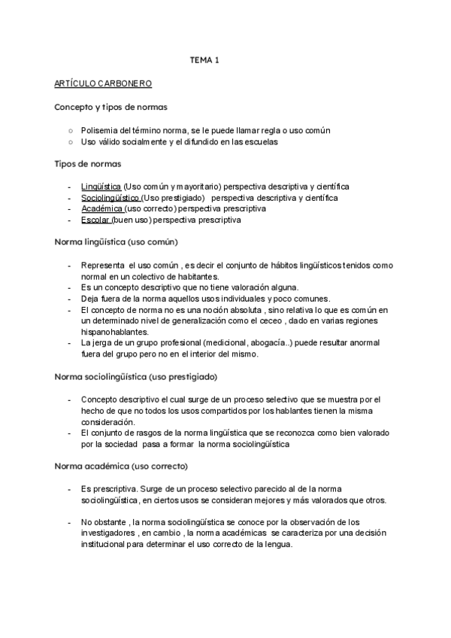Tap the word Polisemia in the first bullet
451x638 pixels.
(x=98, y=130)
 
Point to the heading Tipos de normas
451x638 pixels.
(x=89, y=163)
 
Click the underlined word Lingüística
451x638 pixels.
(x=101, y=186)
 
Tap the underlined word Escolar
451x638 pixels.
(x=95, y=220)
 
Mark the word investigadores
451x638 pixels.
(x=115, y=533)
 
